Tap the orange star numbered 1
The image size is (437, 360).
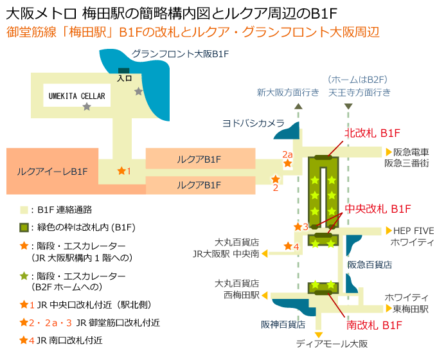point(121,170)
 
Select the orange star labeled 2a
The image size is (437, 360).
point(288,164)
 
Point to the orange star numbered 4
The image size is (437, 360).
point(287,246)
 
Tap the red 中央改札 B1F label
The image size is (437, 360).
point(378,209)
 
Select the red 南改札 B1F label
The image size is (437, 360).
point(375,326)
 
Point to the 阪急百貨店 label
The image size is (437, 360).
point(370,264)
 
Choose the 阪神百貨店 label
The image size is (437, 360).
point(283,324)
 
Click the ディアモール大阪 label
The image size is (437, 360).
point(332,344)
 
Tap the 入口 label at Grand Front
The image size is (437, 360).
point(124,78)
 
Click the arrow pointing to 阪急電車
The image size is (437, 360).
point(388,152)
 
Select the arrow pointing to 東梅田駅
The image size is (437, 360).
point(388,309)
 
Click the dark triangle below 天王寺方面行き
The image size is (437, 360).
point(348,105)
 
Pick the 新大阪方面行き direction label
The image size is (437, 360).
point(288,92)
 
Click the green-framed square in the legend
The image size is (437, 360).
point(24,228)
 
